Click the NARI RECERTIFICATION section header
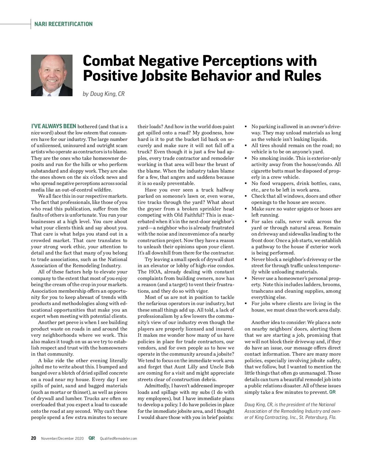pos(64,24)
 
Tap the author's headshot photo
pos(52,75)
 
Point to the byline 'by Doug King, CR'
pos(104,94)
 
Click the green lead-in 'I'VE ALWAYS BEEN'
pos(54,126)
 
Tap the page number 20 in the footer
pos(33,438)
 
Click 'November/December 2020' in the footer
pos(62,439)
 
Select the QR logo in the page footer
pos(91,438)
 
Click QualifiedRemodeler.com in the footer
pos(118,439)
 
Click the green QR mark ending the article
pos(332,392)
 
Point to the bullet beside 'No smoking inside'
pos(246,158)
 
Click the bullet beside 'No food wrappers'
pos(246,183)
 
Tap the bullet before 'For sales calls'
pos(246,222)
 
